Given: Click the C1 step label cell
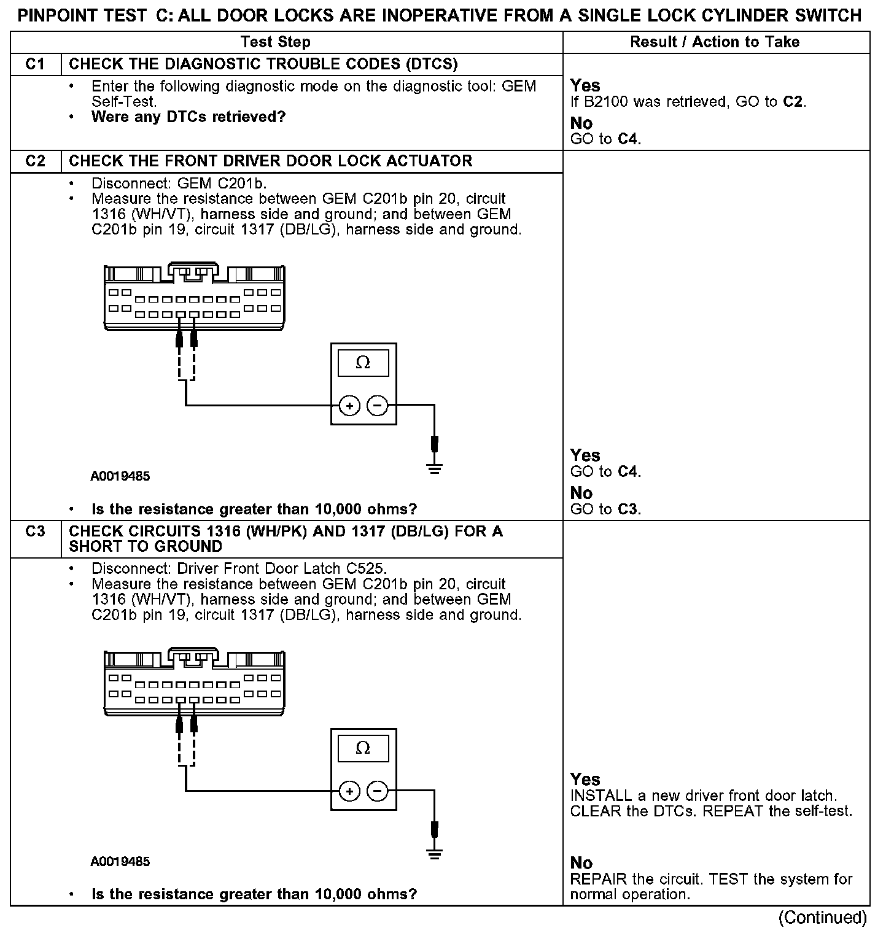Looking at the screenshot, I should tap(36, 64).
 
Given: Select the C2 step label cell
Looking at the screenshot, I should tap(36, 161).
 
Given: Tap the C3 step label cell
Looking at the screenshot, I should tap(36, 532).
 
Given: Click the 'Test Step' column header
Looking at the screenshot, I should tap(276, 42).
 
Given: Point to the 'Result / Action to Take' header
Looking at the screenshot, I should tap(715, 42).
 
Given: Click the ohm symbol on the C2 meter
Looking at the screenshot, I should tap(363, 363).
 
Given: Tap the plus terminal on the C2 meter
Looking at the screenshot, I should tap(349, 406).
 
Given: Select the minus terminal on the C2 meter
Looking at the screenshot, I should tap(378, 406).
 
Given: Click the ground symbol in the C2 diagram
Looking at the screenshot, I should tap(435, 470).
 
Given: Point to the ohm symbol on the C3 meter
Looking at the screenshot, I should tap(363, 749).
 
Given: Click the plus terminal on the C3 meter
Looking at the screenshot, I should tap(349, 791).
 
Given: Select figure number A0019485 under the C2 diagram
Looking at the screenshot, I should tap(120, 476).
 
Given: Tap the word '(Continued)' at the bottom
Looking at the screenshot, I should tap(823, 918).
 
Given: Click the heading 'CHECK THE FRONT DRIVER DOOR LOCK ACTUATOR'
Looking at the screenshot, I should tap(271, 161).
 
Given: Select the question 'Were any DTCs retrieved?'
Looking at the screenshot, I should tap(189, 117).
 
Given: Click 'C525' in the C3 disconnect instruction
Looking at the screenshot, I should tap(365, 568).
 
